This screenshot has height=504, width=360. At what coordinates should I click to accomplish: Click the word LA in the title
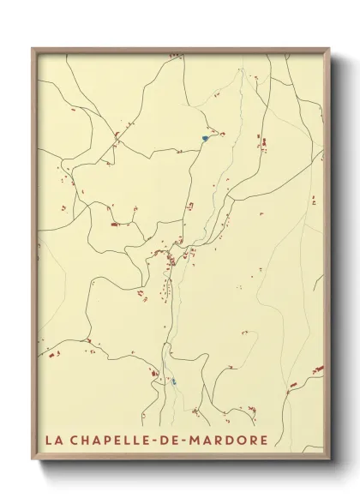click(53, 441)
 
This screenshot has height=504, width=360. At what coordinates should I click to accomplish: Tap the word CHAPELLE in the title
click(108, 441)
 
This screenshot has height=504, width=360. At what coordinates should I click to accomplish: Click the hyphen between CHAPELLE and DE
click(154, 441)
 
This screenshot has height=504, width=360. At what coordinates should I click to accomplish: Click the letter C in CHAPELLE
click(74, 441)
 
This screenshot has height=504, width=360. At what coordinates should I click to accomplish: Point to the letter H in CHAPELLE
click(85, 441)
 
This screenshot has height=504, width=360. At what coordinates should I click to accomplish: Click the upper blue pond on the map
click(205, 137)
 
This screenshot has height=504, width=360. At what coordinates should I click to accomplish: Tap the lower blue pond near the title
click(173, 381)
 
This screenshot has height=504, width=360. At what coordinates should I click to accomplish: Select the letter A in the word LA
click(58, 441)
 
